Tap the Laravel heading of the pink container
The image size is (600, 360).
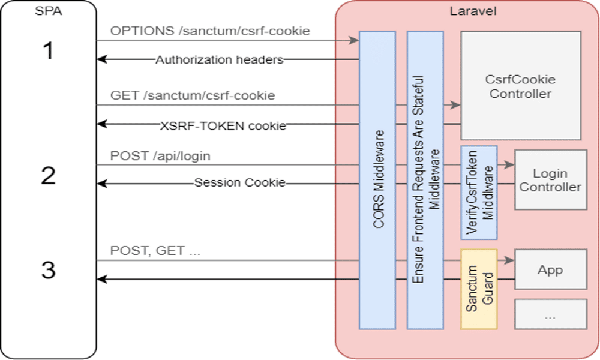pyautogui.click(x=467, y=11)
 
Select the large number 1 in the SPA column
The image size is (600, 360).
pyautogui.click(x=48, y=52)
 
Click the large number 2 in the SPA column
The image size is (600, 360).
pyautogui.click(x=48, y=176)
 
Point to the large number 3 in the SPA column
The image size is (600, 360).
pyautogui.click(x=48, y=270)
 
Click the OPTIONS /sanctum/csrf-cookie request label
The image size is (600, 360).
pyautogui.click(x=210, y=31)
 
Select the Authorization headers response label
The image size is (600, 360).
pyautogui.click(x=219, y=59)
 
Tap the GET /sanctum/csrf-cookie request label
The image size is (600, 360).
pyautogui.click(x=193, y=95)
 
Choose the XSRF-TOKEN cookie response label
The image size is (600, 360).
pyautogui.click(x=223, y=125)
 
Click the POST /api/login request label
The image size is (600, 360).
pyautogui.click(x=160, y=156)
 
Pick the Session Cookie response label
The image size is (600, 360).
pyautogui.click(x=239, y=182)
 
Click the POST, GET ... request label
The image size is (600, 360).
pyautogui.click(x=155, y=251)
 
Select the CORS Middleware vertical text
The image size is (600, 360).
pyautogui.click(x=377, y=180)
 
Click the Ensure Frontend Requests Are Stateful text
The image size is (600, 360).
pyautogui.click(x=425, y=180)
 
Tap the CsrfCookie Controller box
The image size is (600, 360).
pyautogui.click(x=520, y=86)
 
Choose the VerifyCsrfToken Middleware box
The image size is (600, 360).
pyautogui.click(x=479, y=193)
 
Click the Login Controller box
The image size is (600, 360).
pyautogui.click(x=550, y=180)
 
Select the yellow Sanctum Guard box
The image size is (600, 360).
pyautogui.click(x=479, y=289)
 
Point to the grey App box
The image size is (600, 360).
pyautogui.click(x=550, y=270)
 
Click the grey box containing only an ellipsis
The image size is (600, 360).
pyautogui.click(x=550, y=314)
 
